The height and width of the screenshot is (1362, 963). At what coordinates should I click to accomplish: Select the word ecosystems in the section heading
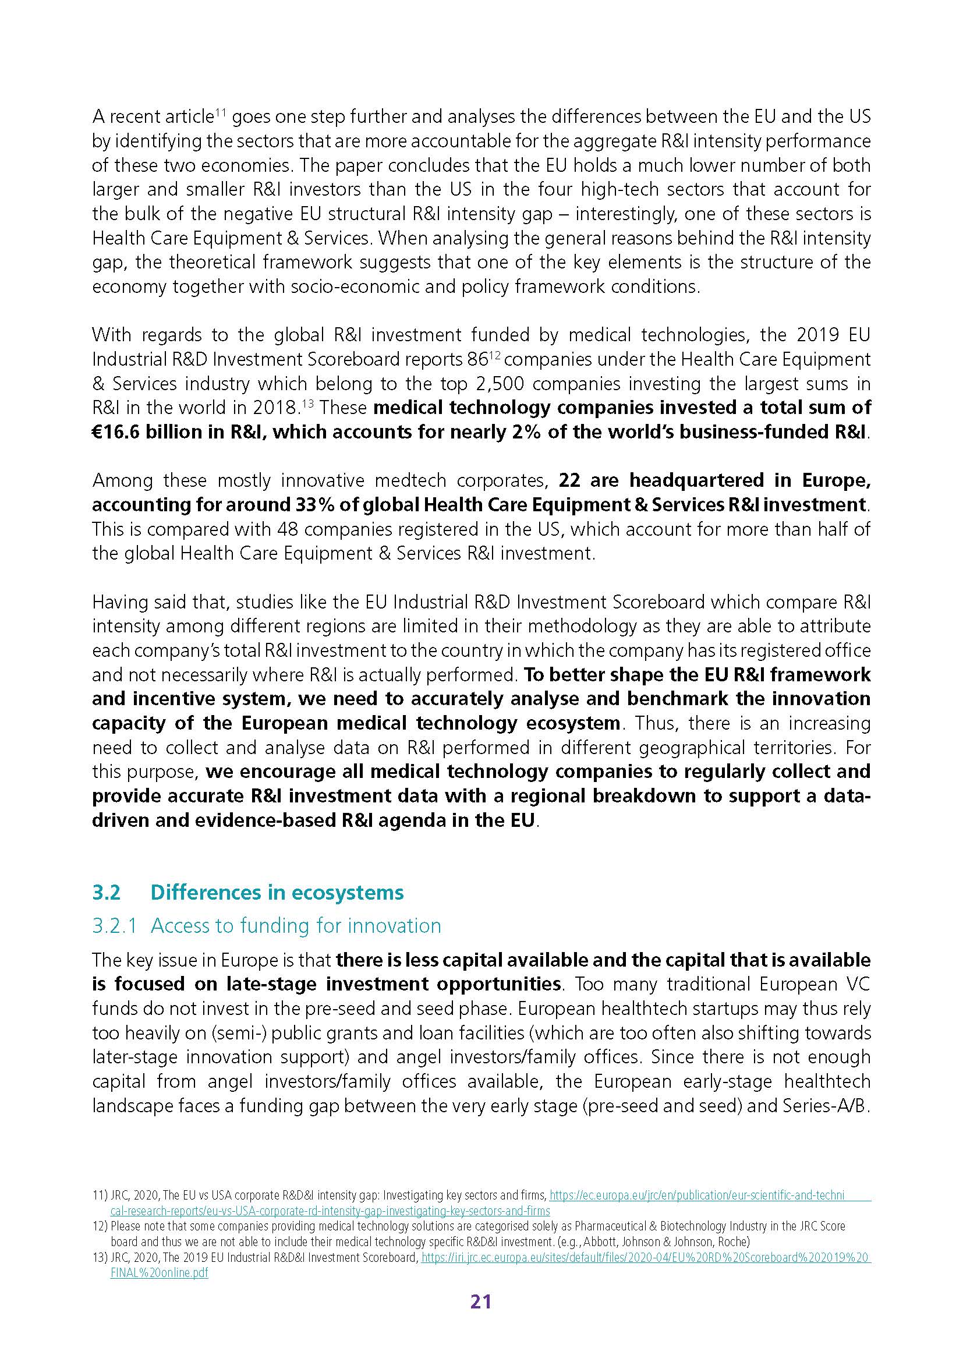(347, 892)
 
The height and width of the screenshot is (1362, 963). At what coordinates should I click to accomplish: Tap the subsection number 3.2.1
(115, 925)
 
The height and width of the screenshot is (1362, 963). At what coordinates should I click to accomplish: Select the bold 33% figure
(278, 505)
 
